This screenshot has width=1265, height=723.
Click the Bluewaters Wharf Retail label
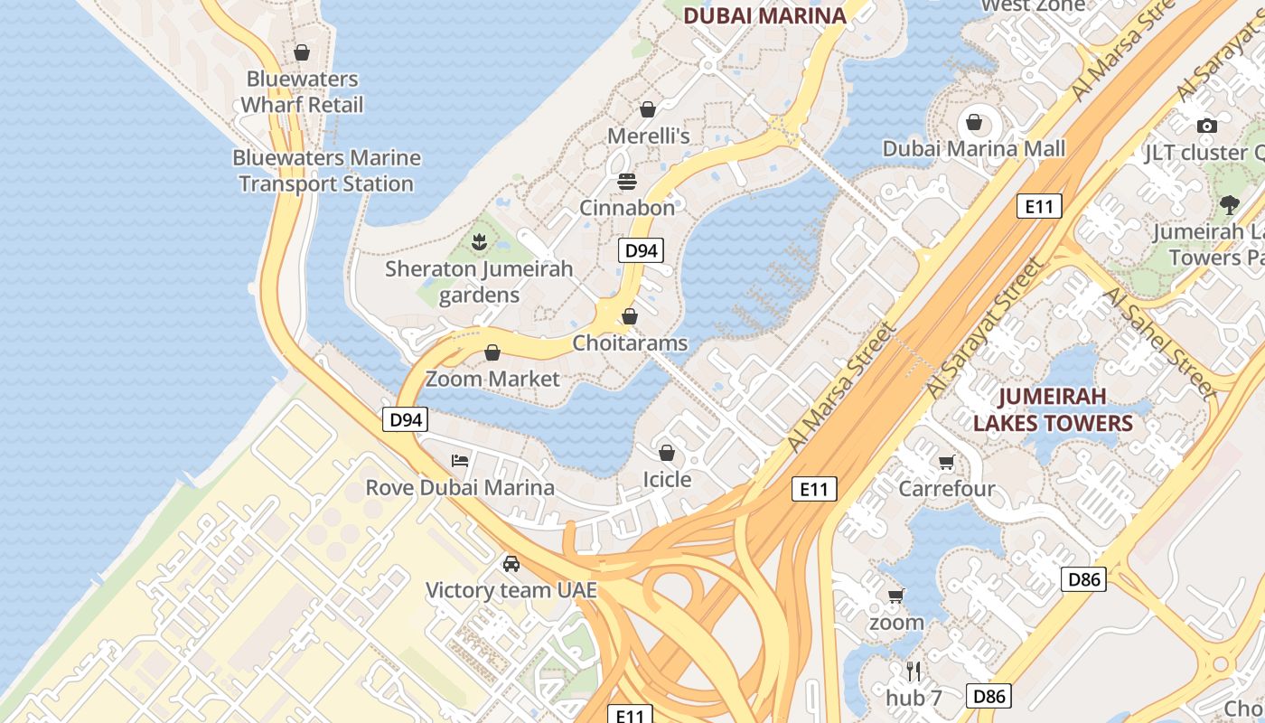tap(302, 92)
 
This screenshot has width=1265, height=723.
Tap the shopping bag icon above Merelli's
tap(648, 110)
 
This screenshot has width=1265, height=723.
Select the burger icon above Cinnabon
tap(627, 182)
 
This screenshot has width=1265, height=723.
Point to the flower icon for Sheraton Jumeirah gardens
tap(479, 241)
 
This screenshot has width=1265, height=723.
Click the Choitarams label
tap(630, 343)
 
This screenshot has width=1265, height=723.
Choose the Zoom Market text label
tap(492, 379)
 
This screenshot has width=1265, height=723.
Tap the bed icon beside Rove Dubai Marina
tap(460, 461)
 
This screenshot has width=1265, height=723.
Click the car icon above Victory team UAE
tap(511, 564)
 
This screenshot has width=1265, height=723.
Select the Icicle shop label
tap(667, 480)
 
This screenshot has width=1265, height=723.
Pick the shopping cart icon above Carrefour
tap(946, 463)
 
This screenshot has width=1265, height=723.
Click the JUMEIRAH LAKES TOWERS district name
tap(1053, 409)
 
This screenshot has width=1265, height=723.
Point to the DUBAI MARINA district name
tap(764, 15)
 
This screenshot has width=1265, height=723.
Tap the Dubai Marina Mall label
tap(974, 149)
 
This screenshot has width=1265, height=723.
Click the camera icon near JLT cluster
tap(1206, 126)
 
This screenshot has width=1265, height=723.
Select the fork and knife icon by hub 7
tap(914, 671)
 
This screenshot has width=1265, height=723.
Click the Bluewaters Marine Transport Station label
tap(326, 171)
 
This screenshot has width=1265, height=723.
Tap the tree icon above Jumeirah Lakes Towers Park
tap(1229, 205)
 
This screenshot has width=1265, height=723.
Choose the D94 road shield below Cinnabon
tap(641, 250)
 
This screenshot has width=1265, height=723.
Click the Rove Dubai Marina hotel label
tap(460, 488)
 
